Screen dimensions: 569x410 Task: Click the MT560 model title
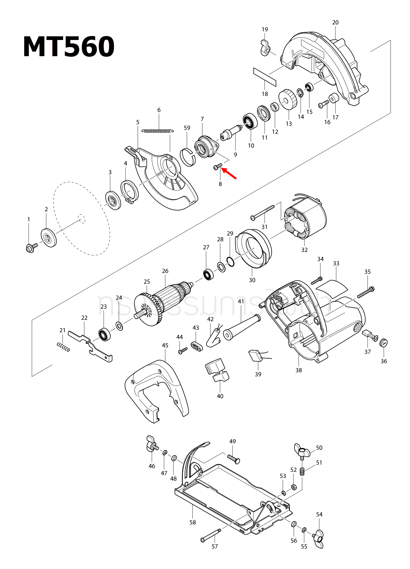click(69, 47)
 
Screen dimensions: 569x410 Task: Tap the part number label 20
click(335, 22)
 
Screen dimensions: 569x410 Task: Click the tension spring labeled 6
click(158, 131)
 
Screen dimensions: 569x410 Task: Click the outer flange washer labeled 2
click(49, 237)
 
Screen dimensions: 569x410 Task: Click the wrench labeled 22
click(91, 347)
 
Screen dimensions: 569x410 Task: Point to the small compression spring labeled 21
click(63, 347)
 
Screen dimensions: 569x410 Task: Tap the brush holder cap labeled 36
click(383, 343)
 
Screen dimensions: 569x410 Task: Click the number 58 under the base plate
click(192, 522)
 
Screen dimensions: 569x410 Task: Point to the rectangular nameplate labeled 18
click(264, 77)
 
